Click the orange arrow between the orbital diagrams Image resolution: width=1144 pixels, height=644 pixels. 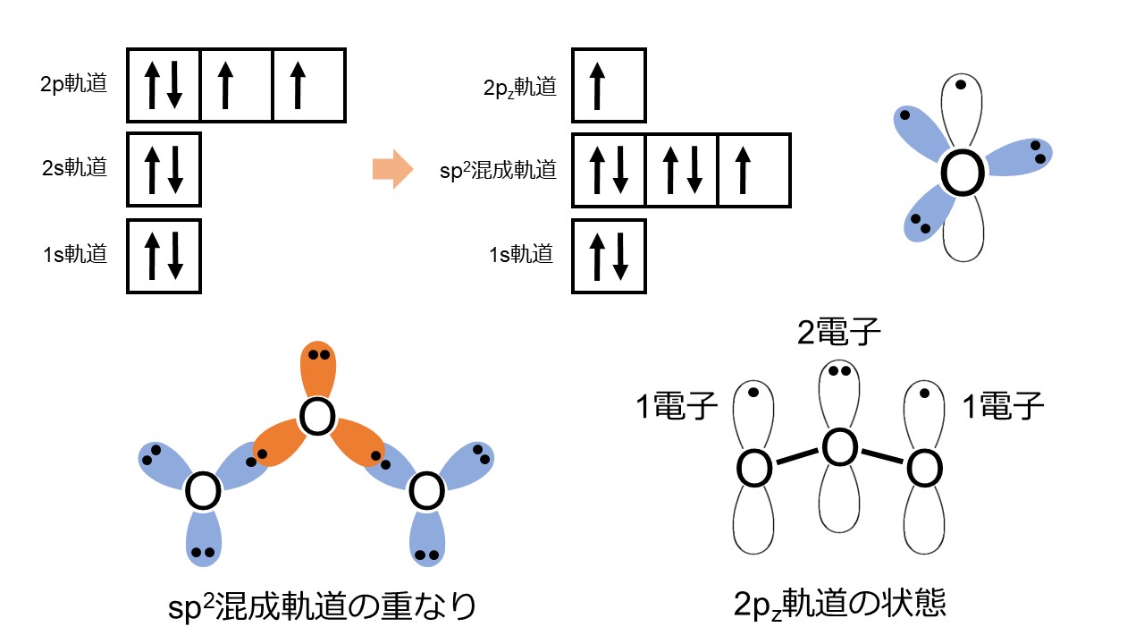click(391, 168)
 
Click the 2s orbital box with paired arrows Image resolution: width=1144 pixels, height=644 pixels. click(164, 170)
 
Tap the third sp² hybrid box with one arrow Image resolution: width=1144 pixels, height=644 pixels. click(753, 170)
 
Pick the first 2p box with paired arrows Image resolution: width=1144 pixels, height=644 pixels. click(164, 85)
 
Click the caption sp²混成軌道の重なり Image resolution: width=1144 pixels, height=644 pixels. click(323, 607)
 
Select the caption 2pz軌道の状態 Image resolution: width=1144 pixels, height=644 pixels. click(838, 606)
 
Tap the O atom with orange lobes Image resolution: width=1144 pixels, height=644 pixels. click(318, 419)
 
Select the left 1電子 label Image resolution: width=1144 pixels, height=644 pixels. click(677, 407)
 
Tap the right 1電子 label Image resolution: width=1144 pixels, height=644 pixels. click(1003, 407)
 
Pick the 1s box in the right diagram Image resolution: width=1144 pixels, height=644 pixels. click(608, 256)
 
